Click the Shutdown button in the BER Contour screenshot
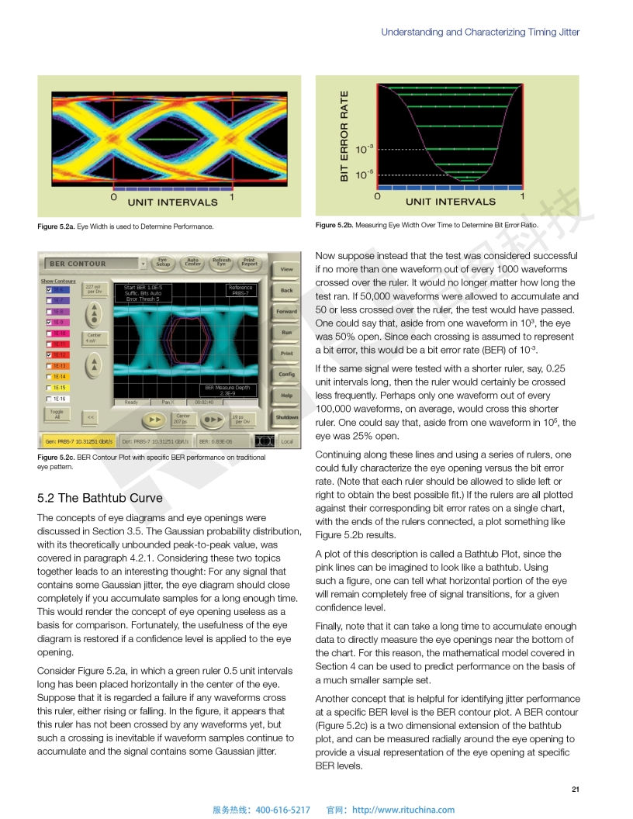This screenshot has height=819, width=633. click(286, 417)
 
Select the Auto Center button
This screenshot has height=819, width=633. click(193, 263)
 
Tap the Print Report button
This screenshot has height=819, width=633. click(249, 263)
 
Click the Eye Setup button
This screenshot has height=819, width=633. click(164, 263)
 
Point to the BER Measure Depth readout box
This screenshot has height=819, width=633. click(227, 389)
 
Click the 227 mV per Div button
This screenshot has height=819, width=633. click(93, 289)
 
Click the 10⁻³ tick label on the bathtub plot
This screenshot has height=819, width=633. click(365, 148)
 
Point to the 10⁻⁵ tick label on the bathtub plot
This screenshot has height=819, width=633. click(365, 175)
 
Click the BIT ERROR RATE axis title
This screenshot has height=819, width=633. click(344, 136)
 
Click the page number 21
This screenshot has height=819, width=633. click(575, 790)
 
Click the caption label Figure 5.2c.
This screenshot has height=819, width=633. click(56, 458)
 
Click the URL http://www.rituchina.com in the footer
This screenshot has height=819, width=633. click(403, 810)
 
